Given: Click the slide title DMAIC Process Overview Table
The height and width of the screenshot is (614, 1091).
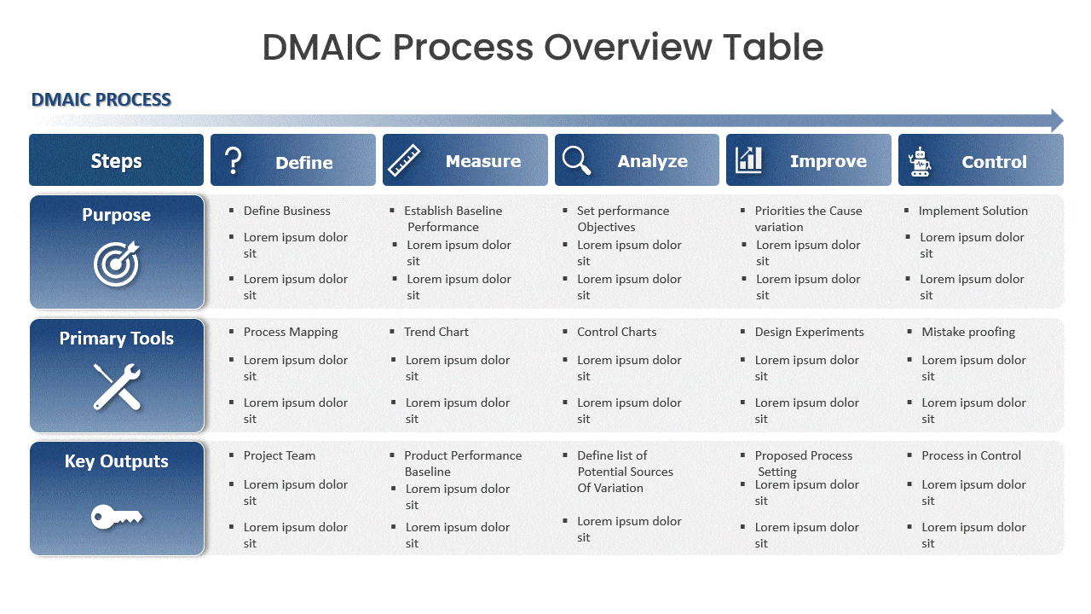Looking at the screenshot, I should coord(543,47).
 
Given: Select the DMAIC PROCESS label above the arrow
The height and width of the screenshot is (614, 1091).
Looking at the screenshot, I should coord(101,100).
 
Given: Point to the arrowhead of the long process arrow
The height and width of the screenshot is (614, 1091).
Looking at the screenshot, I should coord(1057,120).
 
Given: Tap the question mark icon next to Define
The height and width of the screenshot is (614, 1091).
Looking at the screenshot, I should coord(233,160).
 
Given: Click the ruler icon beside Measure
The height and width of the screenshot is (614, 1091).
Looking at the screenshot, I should coord(404,160).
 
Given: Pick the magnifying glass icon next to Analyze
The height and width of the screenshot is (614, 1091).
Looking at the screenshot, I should coord(577,160).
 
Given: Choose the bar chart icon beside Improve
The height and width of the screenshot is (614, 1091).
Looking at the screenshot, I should coord(749,159).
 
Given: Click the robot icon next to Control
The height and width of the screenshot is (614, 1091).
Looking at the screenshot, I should coord(920,161).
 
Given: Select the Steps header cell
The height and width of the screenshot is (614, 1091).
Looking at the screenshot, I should coord(116,161).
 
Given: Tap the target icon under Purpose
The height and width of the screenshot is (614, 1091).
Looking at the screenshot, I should coord(116,263).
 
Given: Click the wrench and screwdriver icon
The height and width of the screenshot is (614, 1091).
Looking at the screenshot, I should coord(117,386).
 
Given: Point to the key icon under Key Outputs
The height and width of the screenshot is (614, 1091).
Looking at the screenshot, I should coord(116,515).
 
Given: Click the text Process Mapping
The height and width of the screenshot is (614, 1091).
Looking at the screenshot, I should coord(291,332).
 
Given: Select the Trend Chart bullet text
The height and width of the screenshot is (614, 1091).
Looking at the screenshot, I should coord(436,332).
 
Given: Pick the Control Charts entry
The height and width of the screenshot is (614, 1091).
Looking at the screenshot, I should coord(616,332).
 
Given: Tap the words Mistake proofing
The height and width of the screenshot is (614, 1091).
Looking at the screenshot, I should coord(968,332).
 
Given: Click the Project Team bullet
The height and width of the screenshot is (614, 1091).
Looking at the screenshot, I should coord(280,455).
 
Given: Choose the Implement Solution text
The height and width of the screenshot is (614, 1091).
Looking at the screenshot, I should coord(973,211).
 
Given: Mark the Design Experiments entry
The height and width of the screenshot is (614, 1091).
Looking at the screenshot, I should coord(809,332).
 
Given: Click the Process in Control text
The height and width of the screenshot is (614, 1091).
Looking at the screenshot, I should coord(971,455).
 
